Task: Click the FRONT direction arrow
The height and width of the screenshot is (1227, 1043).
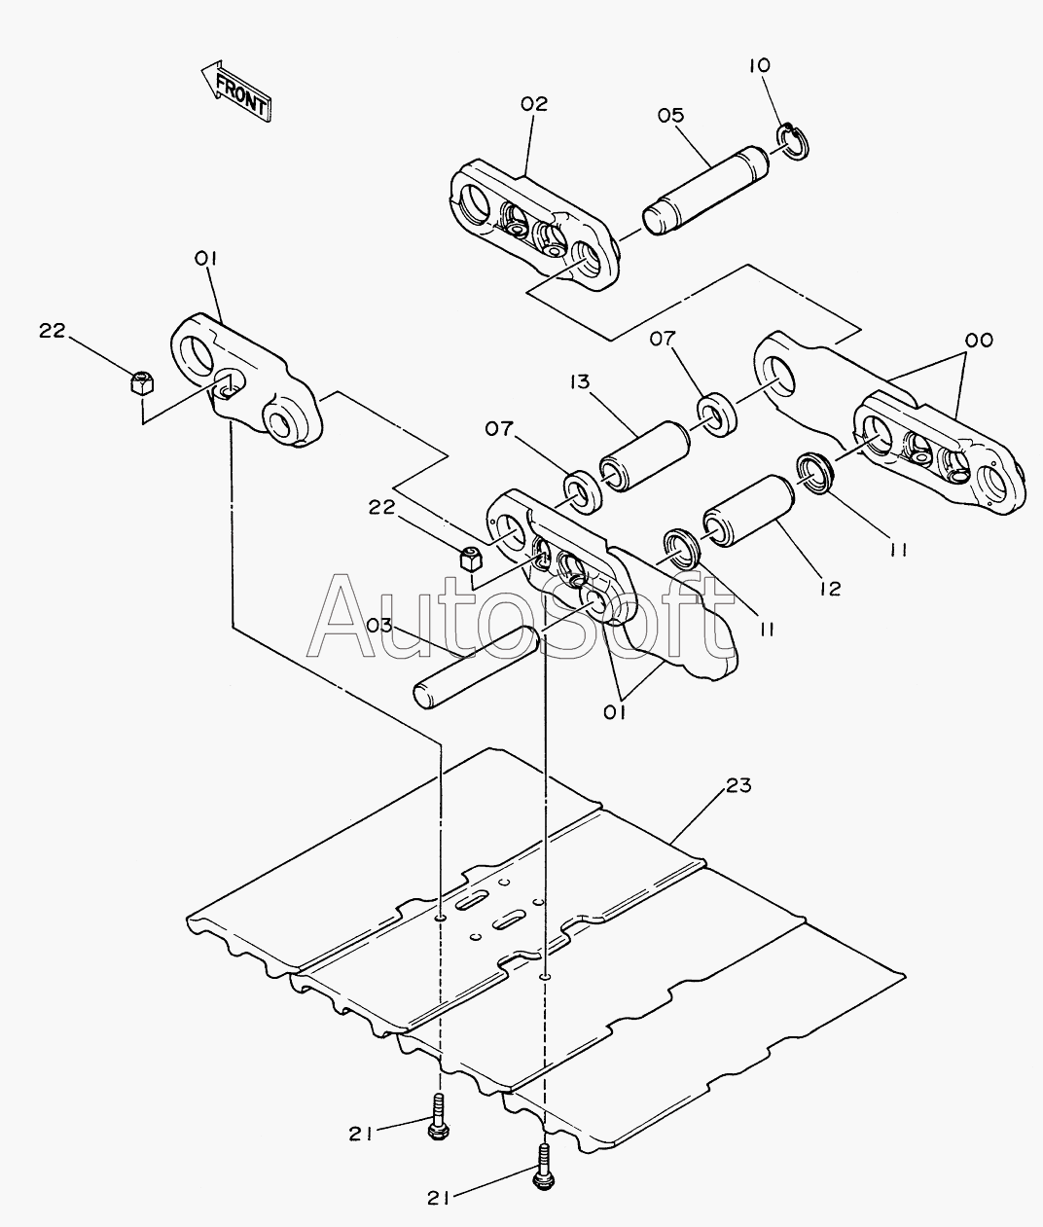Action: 234,91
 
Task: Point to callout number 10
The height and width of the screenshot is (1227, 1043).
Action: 759,66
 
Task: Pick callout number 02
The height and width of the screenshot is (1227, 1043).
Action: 534,103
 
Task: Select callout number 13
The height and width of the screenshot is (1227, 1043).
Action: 581,382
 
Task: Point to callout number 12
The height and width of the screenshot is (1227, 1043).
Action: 829,588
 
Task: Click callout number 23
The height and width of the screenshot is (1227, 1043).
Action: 738,784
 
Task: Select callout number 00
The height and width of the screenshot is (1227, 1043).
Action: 978,341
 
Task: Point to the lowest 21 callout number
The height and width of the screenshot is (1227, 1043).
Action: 438,1199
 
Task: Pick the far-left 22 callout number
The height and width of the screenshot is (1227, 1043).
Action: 52,331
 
